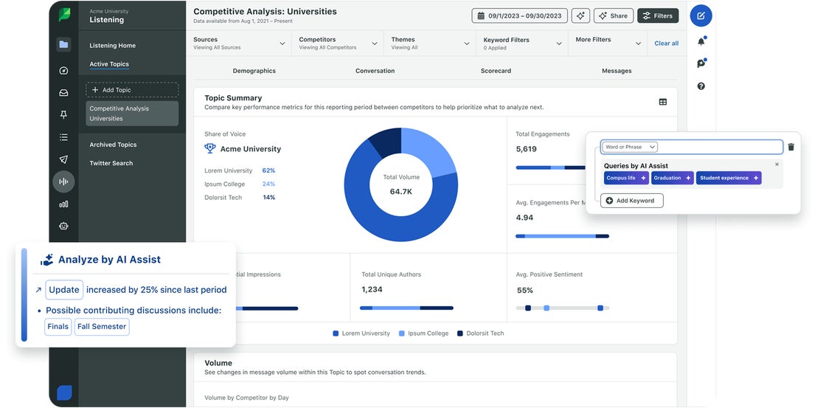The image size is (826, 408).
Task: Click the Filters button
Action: (658, 15)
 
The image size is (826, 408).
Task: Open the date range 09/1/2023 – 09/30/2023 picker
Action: (519, 15)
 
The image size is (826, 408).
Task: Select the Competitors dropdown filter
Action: (337, 44)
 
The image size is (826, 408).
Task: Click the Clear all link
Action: (666, 44)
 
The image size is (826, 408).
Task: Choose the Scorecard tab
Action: (496, 71)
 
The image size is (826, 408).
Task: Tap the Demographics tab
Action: (254, 71)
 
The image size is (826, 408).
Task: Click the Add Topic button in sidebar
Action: (132, 90)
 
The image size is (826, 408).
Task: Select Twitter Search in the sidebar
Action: (112, 163)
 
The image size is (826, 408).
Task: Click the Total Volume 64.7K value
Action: (401, 191)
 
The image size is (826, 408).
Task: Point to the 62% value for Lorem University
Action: (268, 170)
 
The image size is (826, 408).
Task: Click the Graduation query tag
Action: (672, 178)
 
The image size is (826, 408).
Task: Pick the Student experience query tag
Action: (728, 178)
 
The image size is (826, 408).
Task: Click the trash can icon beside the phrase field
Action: (791, 147)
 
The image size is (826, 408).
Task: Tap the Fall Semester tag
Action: (102, 327)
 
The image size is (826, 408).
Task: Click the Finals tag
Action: (58, 327)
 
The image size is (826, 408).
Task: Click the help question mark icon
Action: (701, 86)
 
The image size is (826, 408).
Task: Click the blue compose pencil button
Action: (701, 15)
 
